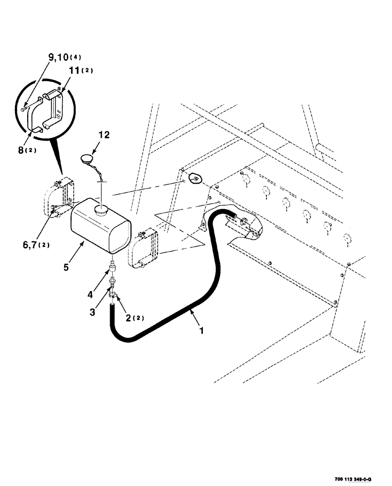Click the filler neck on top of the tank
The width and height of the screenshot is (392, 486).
pyautogui.click(x=102, y=210)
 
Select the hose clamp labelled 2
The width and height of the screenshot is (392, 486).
pyautogui.click(x=114, y=295)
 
